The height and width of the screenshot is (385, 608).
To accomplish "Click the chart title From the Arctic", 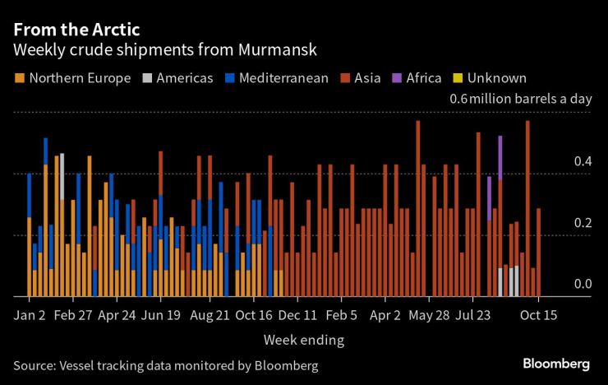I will point(76,29).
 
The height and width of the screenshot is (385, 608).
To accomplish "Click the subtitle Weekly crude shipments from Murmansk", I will point(165,51).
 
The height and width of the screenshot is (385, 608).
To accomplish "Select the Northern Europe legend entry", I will point(72,78).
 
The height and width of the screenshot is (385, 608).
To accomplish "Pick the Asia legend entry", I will point(361,78).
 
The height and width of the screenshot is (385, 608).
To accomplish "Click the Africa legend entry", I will point(417,78).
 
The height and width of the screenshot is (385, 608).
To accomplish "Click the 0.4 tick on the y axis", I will point(582,162).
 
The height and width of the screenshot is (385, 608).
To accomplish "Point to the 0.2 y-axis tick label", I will point(582,223).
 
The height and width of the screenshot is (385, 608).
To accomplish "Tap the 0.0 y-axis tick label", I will point(582,284).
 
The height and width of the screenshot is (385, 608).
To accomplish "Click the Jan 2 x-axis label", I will point(30,315).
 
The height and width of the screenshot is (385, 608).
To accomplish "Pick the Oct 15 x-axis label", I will point(539,315).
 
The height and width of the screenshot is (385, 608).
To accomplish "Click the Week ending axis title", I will point(304,340).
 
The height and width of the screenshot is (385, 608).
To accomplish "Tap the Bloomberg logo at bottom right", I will point(556,364).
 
